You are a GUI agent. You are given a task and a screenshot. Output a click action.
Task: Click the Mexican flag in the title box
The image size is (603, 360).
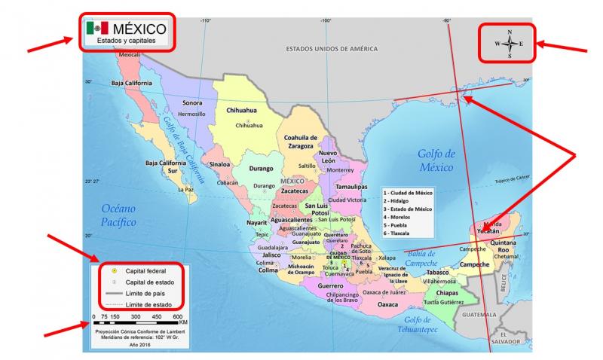pyautogui.click(x=97, y=28)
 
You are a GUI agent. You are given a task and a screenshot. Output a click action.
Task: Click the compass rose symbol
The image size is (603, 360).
pyautogui.click(x=510, y=44)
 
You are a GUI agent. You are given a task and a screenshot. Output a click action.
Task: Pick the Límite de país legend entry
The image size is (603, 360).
pyautogui.click(x=144, y=292)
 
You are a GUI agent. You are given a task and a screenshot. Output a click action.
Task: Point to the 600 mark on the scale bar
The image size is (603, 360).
pyautogui.click(x=178, y=317)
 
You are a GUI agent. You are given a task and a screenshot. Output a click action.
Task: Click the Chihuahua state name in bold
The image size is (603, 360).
pyautogui.click(x=243, y=110)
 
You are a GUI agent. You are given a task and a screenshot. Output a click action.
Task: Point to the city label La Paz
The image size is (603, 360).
pyautogui.click(x=185, y=190)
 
